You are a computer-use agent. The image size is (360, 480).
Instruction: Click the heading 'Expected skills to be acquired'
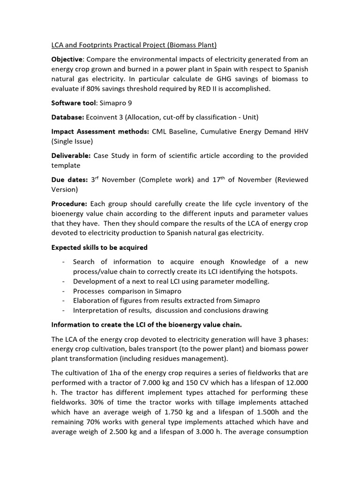point(99,247)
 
